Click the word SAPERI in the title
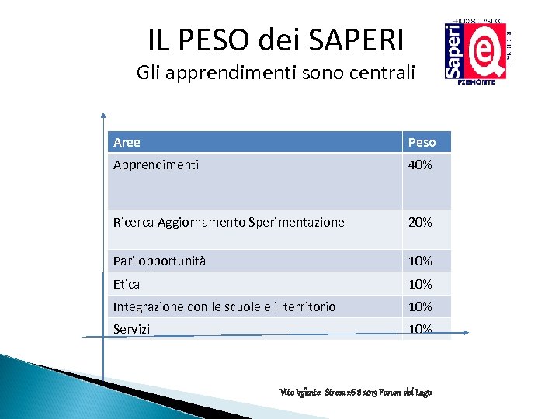point(356,40)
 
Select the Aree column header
point(127,142)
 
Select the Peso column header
point(422,142)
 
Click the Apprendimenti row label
point(155,164)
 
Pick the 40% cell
point(420,164)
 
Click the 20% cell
point(420,222)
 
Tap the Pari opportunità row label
point(159,261)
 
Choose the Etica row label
point(127,284)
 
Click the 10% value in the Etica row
point(420,284)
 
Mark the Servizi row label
point(131,329)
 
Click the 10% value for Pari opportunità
point(420,261)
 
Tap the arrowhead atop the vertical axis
point(102,115)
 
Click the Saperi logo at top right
point(475,49)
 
